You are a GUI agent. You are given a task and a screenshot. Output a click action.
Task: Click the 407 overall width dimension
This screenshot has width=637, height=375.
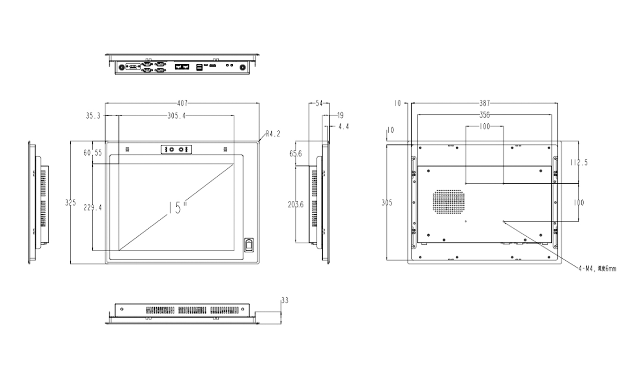[182, 103]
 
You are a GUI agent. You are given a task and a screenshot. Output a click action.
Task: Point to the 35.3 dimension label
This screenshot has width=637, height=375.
[93, 116]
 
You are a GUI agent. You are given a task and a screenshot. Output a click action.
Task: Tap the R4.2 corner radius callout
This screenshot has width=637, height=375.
[273, 134]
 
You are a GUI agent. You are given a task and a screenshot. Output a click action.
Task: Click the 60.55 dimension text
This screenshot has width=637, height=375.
[93, 153]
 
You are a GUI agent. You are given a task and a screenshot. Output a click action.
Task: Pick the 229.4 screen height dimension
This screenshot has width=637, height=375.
[93, 207]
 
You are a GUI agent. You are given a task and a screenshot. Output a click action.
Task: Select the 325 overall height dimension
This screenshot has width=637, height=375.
[70, 203]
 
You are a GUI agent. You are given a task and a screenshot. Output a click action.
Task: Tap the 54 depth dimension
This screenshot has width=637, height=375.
[319, 103]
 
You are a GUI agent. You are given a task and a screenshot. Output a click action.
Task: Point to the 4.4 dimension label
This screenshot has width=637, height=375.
[343, 127]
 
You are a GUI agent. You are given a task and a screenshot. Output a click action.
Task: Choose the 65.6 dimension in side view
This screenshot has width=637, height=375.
[296, 153]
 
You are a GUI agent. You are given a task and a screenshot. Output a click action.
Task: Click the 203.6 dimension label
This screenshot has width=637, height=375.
[296, 204]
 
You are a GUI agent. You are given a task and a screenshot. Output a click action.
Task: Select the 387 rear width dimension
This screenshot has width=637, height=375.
[484, 103]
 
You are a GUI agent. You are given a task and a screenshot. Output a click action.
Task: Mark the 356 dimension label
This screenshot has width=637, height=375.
[484, 114]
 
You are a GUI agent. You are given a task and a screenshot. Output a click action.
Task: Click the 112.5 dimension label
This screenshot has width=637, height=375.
[579, 163]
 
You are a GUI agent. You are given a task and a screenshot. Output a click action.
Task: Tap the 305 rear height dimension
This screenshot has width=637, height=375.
[387, 203]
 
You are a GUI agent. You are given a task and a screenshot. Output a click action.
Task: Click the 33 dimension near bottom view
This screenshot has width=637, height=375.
[285, 300]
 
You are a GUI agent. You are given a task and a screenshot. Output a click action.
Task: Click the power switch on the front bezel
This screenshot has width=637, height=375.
[249, 246]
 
